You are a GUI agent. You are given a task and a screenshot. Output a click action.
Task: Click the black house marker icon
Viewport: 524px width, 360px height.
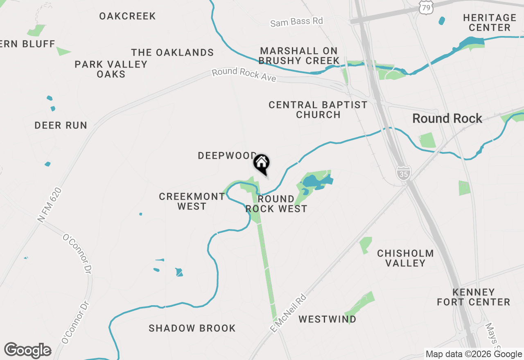pos(262,163)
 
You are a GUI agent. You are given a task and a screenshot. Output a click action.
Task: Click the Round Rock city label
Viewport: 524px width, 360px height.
pos(447,119)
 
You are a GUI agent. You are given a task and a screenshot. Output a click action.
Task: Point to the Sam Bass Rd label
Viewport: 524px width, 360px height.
pos(297,22)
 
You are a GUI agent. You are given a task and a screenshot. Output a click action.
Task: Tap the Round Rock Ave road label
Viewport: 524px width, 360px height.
pos(244,74)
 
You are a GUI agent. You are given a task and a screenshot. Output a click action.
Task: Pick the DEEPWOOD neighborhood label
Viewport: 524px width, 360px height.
pos(227,155)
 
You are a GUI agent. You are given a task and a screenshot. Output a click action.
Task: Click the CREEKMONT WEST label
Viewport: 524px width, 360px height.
pos(192,201)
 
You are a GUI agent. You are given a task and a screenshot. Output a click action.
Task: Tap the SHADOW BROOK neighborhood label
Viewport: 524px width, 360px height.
pos(192,328)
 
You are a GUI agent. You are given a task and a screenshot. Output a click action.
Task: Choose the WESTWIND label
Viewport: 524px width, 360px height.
pos(327,319)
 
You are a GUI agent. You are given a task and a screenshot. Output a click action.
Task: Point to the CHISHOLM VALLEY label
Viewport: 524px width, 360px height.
pos(405,258)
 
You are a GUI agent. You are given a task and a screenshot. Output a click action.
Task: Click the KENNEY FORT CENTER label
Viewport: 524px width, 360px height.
pos(473,297)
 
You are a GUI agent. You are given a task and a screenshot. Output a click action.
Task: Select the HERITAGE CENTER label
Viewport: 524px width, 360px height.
pos(490,22)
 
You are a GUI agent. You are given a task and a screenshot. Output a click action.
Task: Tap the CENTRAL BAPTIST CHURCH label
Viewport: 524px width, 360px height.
pos(318,110)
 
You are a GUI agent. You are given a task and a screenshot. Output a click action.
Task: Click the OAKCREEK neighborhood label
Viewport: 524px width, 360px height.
pos(127,16)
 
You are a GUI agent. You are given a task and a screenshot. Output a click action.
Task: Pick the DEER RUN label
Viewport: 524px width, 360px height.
pos(61,125)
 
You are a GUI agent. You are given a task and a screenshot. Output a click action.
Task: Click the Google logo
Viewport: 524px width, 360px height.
pos(28,350)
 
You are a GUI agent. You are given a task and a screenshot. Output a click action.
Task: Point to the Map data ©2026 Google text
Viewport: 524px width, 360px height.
pos(474,354)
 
